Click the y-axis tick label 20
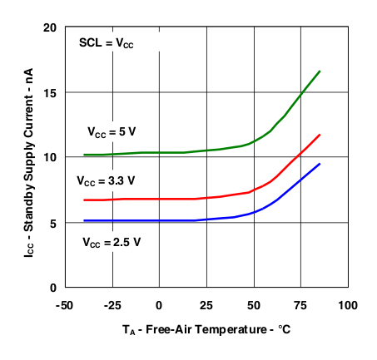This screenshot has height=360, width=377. (49, 27)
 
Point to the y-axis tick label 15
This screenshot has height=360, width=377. (49, 92)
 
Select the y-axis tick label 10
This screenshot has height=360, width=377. (49, 157)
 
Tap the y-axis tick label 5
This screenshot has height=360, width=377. (52, 223)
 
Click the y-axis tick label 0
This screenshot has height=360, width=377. (52, 288)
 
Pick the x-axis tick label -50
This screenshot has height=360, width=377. (63, 305)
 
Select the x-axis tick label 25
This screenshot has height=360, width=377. (206, 305)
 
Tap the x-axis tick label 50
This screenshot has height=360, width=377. (254, 305)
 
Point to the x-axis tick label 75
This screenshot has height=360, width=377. (301, 305)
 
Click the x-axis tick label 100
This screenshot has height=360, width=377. (348, 305)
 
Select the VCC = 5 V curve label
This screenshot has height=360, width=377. (113, 131)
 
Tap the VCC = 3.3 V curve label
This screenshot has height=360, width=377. (105, 180)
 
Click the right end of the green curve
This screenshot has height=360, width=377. (320, 72)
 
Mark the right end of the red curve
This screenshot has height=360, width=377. (320, 135)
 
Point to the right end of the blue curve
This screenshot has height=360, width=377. (320, 164)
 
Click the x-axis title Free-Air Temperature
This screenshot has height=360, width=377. (206, 330)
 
